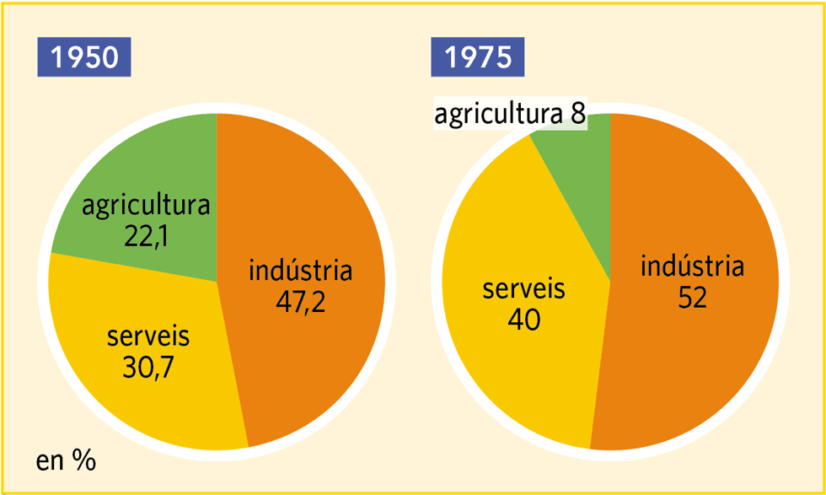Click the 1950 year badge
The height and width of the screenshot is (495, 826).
click(x=83, y=57)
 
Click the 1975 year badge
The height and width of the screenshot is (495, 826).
click(x=477, y=57)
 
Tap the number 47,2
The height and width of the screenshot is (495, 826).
click(x=301, y=301)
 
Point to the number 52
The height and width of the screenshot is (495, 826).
click(x=692, y=299)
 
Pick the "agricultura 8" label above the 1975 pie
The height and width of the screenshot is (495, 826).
click(x=510, y=115)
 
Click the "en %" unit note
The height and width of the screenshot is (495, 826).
click(x=66, y=460)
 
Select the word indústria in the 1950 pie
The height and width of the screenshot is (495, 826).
click(x=301, y=272)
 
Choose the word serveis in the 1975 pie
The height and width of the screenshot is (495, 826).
click(x=523, y=290)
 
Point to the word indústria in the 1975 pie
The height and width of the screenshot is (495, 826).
click(x=692, y=268)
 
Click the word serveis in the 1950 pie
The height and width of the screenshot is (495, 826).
click(x=148, y=337)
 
